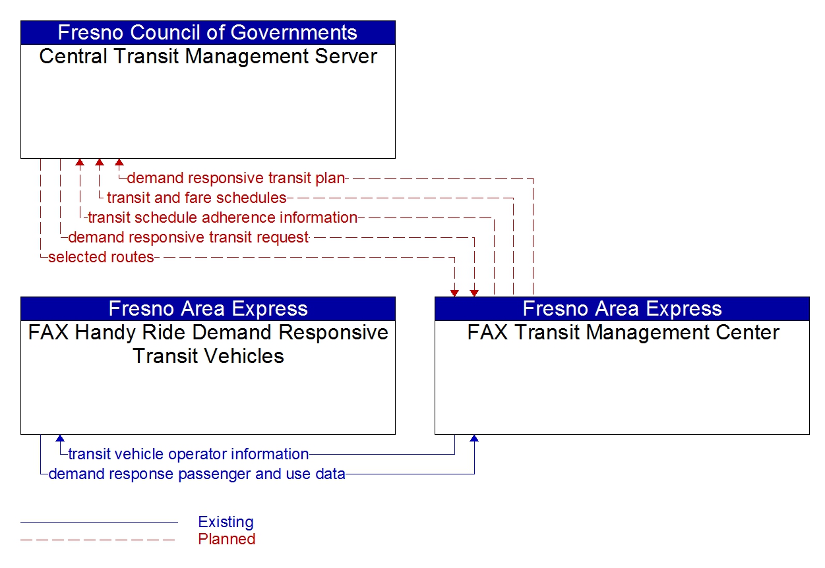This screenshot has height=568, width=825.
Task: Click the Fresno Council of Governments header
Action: (x=208, y=32)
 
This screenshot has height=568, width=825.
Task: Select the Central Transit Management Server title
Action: (x=208, y=57)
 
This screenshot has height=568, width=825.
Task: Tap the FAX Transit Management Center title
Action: (x=623, y=333)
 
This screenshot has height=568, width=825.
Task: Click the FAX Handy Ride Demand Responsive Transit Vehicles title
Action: (x=208, y=344)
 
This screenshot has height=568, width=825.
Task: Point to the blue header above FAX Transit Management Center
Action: (x=622, y=308)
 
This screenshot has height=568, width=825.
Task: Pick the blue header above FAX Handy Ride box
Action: (x=208, y=308)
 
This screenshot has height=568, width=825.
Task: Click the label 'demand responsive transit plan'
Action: (x=235, y=178)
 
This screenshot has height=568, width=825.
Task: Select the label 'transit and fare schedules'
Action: (x=197, y=198)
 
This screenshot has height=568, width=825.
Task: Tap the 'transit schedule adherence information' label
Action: (x=222, y=217)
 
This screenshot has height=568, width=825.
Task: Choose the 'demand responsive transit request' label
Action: (x=188, y=237)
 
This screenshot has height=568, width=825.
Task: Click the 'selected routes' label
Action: (x=101, y=257)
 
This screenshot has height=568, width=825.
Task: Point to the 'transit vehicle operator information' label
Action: (x=188, y=454)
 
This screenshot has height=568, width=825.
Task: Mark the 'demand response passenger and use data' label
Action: (x=197, y=474)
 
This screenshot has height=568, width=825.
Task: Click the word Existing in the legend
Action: (x=226, y=522)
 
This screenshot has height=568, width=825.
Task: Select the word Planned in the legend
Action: (x=226, y=539)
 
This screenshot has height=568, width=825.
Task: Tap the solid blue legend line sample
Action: (x=99, y=523)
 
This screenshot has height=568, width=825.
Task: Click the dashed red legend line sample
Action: (x=99, y=540)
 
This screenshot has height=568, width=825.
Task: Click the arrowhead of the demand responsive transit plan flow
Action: (x=119, y=162)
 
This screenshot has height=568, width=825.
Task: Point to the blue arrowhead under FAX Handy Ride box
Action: (x=60, y=438)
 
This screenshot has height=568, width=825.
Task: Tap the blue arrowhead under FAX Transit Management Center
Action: (x=474, y=438)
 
